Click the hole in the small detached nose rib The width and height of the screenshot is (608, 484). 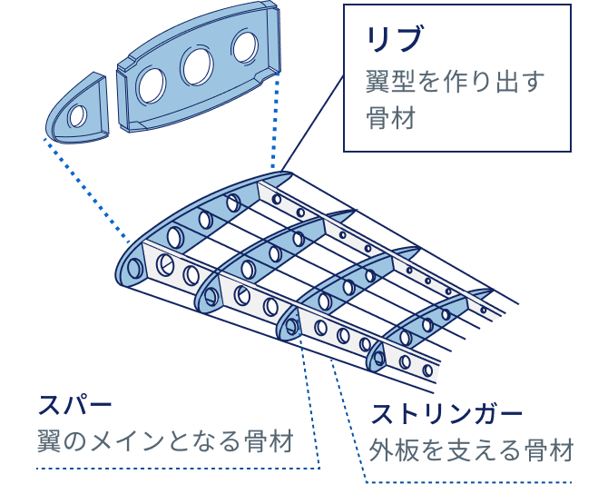[78, 115]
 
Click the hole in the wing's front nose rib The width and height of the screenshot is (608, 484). [135, 269]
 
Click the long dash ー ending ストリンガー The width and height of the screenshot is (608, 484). [511, 414]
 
